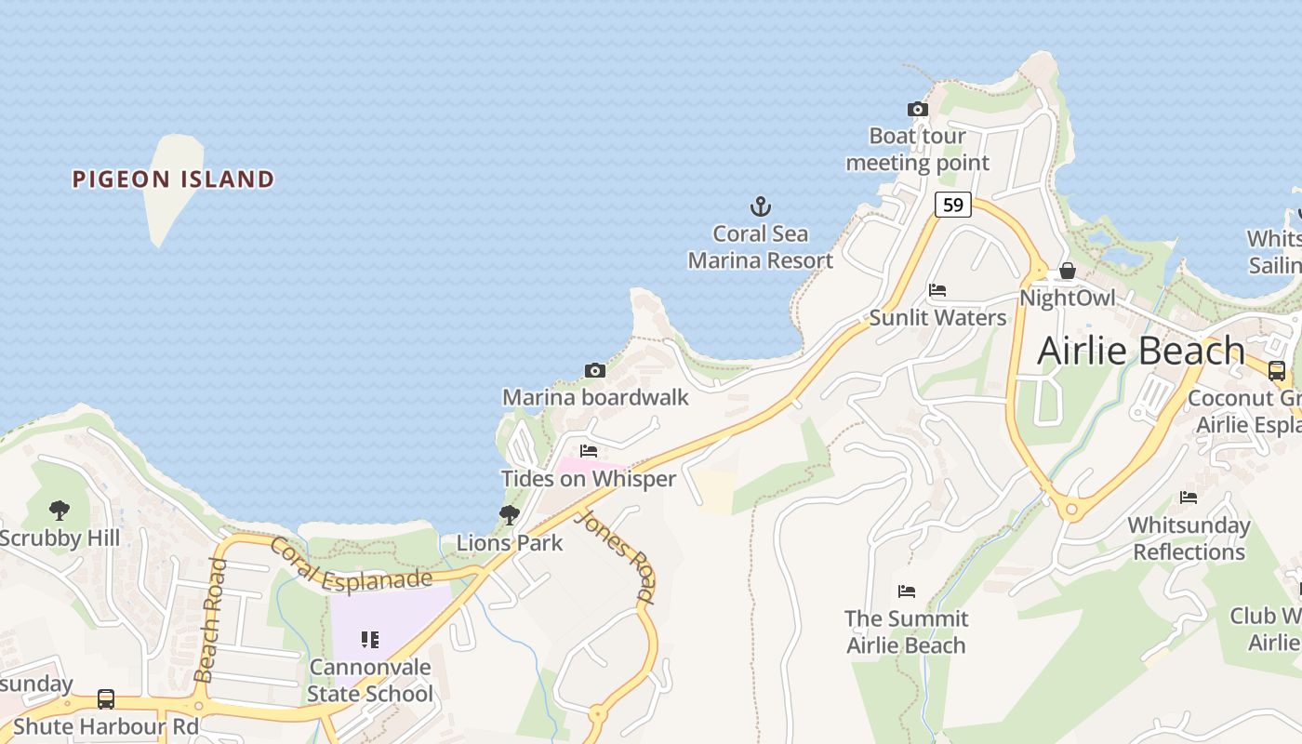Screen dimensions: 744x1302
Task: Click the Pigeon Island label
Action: point(174,179)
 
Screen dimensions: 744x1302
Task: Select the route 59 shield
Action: point(953,205)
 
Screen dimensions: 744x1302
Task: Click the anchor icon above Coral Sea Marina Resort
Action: point(761,206)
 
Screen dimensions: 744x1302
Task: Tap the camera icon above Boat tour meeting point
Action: point(918,110)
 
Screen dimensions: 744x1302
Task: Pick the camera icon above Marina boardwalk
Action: point(595,370)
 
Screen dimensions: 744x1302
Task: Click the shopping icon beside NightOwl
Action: point(1068,271)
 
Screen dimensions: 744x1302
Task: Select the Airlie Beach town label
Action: point(1140,351)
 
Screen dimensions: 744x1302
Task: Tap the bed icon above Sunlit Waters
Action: point(937,290)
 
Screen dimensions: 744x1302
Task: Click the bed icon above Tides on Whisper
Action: point(589,451)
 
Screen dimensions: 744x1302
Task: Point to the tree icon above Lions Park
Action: point(509,514)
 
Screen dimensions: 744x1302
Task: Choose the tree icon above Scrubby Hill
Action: point(60,510)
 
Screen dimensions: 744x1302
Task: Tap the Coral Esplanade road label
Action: point(351,565)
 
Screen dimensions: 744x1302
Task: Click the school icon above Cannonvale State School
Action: point(370,639)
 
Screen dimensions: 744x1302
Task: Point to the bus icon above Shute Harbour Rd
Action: point(106,698)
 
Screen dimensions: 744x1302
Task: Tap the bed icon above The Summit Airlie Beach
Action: point(907,591)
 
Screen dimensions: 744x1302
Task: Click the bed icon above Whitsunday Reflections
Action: point(1189,498)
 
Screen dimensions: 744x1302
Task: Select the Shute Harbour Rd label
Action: point(106,726)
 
